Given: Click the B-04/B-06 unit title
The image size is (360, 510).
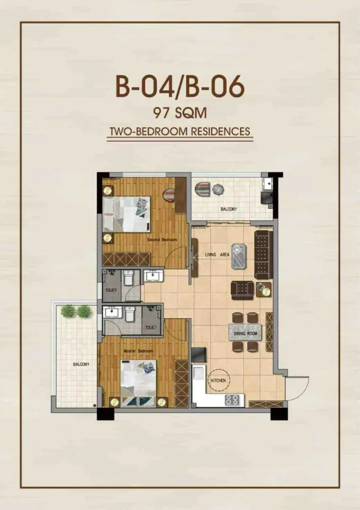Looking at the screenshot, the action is click(180, 86).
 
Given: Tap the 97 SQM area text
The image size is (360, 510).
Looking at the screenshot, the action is click(180, 113).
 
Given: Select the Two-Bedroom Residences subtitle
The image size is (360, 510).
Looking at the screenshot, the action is click(180, 131).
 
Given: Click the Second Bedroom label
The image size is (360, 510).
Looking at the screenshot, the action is click(162, 240).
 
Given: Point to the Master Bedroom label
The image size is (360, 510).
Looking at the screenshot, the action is click(138, 351).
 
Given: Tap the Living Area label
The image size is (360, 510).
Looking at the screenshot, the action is click(217, 255).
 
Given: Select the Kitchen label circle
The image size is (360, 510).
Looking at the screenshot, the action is click(218, 380).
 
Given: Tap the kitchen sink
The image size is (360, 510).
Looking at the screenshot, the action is click(198, 373).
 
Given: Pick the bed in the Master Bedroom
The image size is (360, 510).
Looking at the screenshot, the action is click(138, 383).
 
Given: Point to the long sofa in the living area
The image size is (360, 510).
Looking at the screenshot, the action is click(263, 255).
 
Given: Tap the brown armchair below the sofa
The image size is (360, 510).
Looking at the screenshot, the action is click(242, 290).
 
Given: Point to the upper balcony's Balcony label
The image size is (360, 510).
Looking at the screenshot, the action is click(229, 209).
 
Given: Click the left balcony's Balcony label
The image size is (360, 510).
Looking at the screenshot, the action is click(81, 364).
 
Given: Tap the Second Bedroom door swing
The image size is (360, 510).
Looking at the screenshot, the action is click(175, 257).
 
